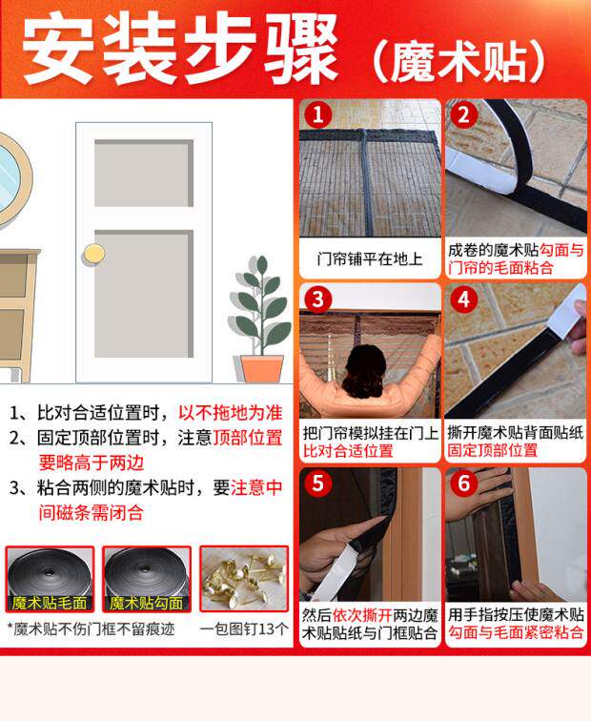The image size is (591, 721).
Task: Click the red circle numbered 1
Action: coord(317,115)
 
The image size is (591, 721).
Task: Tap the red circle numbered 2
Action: coord(463,115)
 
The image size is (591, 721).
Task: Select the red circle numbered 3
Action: coord(317,299)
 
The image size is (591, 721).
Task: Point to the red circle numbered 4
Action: coord(463,299)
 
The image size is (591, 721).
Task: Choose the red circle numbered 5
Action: coord(317,484)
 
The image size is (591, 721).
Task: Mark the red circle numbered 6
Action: coord(463,484)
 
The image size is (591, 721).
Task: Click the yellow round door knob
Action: coord(94,255)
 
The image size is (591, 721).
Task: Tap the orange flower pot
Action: coord(262,369)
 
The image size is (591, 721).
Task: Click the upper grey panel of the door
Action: coord(144,173)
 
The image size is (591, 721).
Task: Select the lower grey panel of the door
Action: coord(144,294)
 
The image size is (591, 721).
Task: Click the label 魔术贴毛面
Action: coord(50,603)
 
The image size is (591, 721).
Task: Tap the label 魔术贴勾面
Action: coord(146,603)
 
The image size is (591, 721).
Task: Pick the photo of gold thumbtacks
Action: coord(244,579)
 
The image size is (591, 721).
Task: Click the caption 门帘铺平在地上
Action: coord(370,258)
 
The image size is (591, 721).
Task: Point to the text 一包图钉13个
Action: coord(244,628)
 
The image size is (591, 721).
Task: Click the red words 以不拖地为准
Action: coord(231,412)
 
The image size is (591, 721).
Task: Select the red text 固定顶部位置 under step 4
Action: coord(492,450)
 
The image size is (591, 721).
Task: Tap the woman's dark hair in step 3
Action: coord(366,372)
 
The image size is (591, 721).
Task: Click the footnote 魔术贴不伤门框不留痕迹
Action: coord(91,628)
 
